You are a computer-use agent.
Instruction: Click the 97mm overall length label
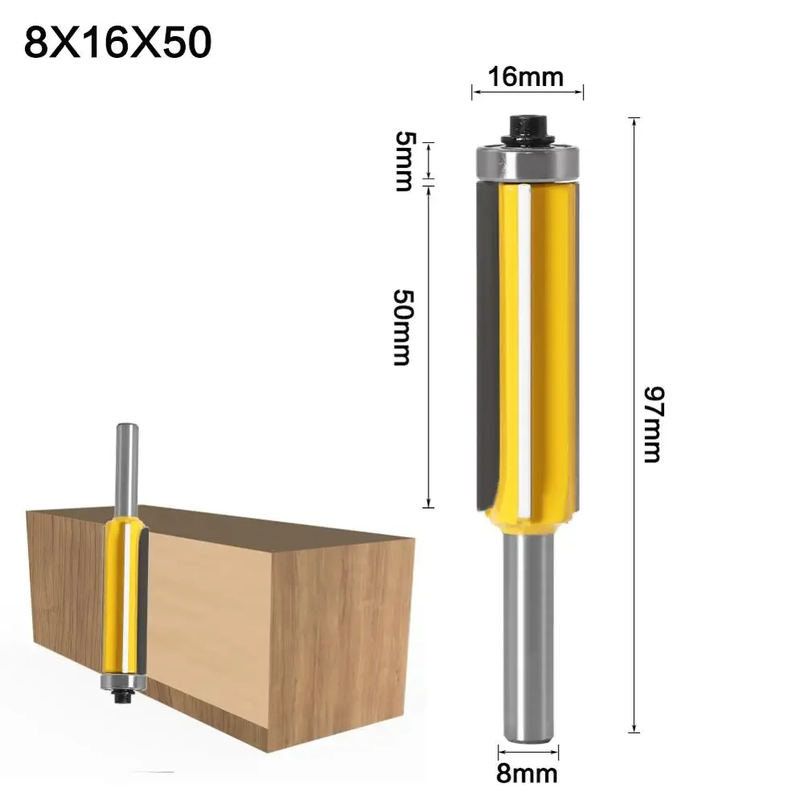[x=652, y=424]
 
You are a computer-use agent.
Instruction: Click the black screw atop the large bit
[x=527, y=127]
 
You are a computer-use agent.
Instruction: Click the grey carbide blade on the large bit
[x=486, y=338]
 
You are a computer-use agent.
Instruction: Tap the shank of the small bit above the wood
[x=125, y=466]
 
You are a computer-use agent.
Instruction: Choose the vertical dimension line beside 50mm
[x=429, y=346]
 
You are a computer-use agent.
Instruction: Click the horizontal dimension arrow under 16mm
[x=527, y=92]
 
